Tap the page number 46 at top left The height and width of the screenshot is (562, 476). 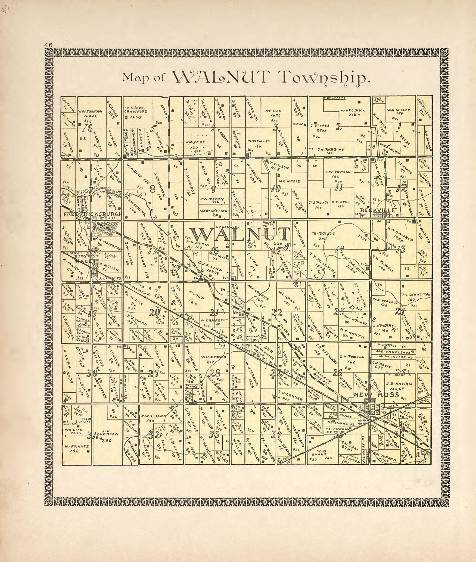[49, 45]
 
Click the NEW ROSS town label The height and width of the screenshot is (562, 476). [376, 395]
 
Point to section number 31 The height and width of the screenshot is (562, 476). [92, 435]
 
